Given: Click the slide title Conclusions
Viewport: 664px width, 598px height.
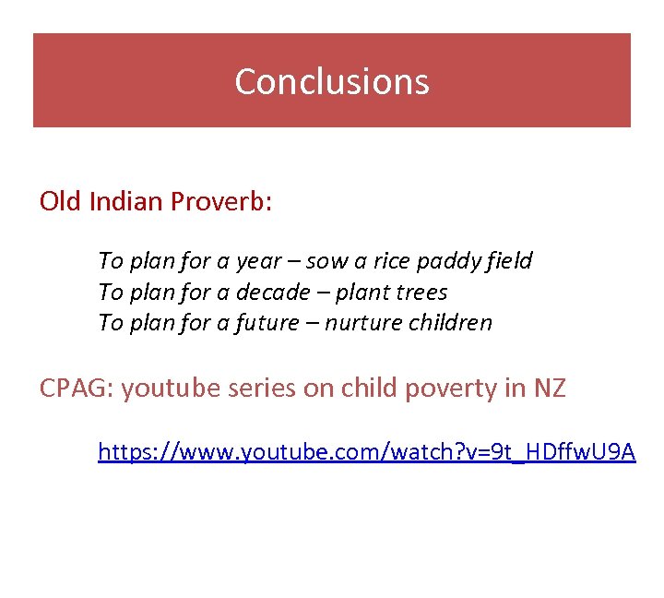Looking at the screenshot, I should tap(332, 81).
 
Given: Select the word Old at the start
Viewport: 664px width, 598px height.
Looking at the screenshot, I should tap(61, 201).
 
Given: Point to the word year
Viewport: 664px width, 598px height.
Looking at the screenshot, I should tap(258, 261).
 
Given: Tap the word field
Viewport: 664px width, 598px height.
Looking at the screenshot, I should tap(508, 261).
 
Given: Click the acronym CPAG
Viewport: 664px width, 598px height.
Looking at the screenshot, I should tap(74, 389).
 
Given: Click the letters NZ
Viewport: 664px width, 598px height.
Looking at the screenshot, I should tap(550, 389).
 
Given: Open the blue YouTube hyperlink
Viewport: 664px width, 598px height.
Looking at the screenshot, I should tap(366, 451).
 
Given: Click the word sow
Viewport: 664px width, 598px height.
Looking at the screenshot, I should tap(326, 261).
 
